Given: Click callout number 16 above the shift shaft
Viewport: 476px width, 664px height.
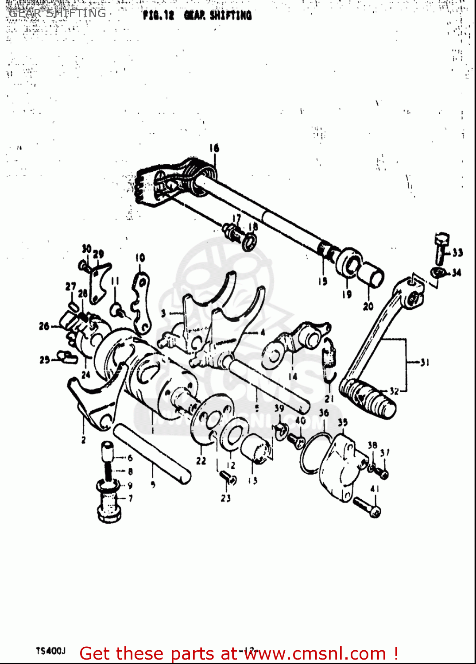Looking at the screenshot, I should pos(214,148).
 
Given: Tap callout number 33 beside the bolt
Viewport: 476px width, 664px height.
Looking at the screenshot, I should pos(457,252).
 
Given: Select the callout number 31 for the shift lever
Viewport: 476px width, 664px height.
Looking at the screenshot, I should pos(425,363).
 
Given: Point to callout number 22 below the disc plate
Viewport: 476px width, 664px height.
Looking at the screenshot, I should pos(201,461).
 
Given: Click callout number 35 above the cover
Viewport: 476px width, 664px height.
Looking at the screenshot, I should pos(343,422).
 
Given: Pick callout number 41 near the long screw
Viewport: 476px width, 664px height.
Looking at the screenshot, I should pos(375,489).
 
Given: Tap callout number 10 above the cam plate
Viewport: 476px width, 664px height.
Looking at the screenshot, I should pos(140,258).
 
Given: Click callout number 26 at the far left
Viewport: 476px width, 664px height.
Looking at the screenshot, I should pos(44,327).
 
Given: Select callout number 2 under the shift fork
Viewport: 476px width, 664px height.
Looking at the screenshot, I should pos(83,440).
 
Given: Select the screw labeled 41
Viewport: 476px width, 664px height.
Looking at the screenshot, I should pos(367,507).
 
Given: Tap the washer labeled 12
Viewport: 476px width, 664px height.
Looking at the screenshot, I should pos(233,436).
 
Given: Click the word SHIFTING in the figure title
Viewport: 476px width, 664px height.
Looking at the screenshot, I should pos(230,15).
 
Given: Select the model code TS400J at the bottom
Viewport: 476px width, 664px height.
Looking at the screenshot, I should pos(50,651).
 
